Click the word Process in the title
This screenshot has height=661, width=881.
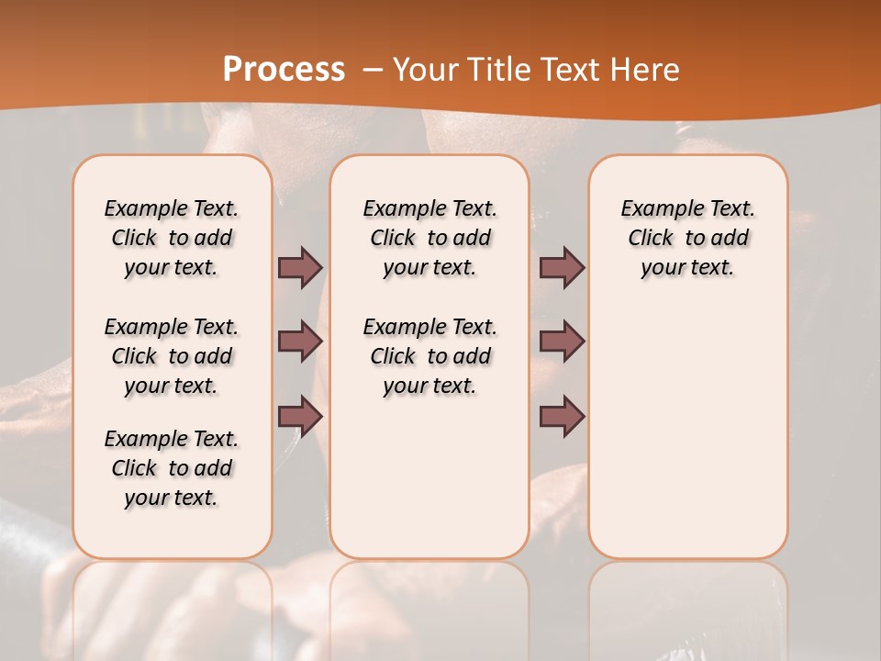tap(284, 70)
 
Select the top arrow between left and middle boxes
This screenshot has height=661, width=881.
tap(300, 267)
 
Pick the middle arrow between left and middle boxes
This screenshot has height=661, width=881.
tap(300, 342)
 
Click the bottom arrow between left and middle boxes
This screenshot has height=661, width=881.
tap(300, 417)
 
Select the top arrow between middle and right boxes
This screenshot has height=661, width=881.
tap(562, 267)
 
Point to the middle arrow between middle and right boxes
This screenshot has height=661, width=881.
tap(562, 342)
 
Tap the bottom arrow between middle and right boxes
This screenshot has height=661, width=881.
tap(562, 417)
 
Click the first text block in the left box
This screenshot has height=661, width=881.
tap(172, 238)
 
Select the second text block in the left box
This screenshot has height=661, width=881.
tap(172, 356)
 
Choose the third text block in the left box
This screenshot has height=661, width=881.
tap(172, 468)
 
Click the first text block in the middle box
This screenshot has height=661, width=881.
tap(430, 238)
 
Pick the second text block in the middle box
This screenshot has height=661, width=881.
tap(430, 356)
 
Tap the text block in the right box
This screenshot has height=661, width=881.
tap(688, 238)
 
